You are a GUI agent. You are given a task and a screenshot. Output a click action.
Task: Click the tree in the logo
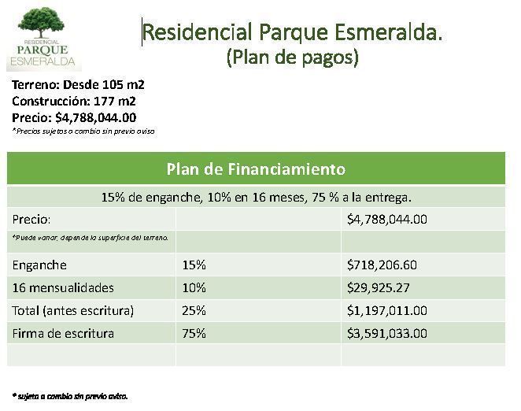[41, 22]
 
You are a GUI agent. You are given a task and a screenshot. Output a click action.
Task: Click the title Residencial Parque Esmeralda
[293, 32]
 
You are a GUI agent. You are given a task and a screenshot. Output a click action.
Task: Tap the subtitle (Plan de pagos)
[293, 57]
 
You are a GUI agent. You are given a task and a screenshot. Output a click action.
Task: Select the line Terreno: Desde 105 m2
[78, 85]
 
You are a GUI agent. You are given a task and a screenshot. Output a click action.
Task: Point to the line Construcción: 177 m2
[74, 101]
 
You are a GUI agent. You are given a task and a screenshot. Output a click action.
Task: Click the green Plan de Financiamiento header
[256, 168]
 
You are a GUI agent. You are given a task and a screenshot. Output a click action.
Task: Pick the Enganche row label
[39, 265]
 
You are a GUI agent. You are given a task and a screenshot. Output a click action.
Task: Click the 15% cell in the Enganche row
[194, 265]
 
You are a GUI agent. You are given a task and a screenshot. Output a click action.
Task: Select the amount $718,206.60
[382, 265]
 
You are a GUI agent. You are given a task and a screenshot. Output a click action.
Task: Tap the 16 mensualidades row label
[63, 287]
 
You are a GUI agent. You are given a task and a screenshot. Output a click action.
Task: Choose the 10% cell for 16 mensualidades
[194, 287]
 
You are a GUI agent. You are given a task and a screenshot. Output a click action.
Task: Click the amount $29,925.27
[378, 287]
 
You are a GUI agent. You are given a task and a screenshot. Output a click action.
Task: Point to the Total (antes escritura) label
[73, 310]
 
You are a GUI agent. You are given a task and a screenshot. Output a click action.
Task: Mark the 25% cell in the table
[194, 310]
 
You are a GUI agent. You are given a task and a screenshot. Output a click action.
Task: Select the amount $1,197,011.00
[387, 310]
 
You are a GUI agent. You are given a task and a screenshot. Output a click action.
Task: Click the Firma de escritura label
[63, 334]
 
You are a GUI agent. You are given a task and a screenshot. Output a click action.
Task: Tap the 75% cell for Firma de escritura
[194, 334]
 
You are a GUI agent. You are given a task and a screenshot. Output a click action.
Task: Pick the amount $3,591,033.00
[387, 334]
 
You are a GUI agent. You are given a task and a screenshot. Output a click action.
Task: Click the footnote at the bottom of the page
[70, 396]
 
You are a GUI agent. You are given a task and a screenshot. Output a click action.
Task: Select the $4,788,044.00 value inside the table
[387, 220]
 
